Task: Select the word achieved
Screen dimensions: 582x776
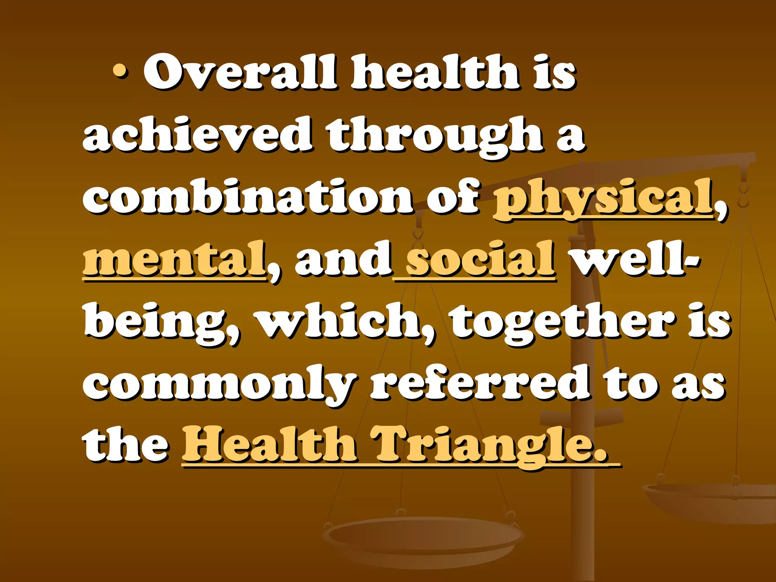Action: pos(197,134)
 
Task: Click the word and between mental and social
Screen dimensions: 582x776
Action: pos(343,259)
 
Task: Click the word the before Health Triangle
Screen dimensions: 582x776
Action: pos(125,444)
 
